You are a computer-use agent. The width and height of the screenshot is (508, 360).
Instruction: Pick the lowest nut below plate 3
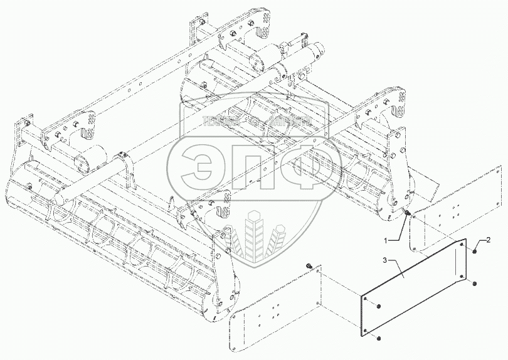(379, 339)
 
